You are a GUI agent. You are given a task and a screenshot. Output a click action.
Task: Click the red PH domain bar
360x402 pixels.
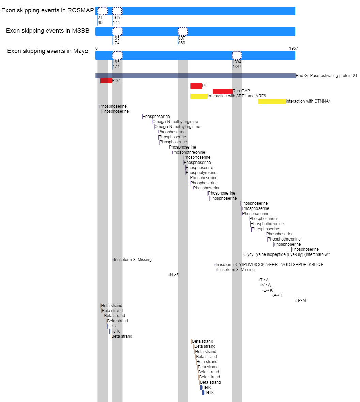196,86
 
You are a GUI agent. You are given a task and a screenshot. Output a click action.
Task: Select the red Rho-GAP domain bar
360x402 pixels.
222,91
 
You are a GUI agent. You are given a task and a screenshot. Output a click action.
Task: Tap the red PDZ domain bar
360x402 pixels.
106,81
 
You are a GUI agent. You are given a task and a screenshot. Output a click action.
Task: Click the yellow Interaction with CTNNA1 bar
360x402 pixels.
272,101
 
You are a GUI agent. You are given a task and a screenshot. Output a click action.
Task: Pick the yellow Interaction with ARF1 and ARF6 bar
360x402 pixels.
199,96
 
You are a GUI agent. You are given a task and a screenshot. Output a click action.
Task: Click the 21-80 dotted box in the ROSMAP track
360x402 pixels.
103,11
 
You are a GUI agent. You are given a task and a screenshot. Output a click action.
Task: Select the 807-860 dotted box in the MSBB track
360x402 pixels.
183,32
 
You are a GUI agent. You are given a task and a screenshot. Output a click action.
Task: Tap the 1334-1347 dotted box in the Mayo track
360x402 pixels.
237,56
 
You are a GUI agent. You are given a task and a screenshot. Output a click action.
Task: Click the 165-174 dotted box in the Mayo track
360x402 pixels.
118,56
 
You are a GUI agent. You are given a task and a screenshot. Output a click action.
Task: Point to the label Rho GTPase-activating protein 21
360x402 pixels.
326,76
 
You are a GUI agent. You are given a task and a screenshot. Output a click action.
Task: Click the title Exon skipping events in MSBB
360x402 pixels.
48,31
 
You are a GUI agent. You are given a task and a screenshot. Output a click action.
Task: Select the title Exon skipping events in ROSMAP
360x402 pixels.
48,10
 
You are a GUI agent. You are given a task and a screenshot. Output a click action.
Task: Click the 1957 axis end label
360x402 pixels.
294,48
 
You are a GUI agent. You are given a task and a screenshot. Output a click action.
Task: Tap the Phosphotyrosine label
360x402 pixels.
201,173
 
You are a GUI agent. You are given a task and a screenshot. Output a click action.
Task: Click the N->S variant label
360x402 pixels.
175,275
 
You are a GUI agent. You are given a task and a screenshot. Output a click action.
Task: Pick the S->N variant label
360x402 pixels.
301,300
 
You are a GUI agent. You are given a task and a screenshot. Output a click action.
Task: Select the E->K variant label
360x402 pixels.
268,290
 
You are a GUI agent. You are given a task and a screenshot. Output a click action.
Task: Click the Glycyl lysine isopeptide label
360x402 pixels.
286,254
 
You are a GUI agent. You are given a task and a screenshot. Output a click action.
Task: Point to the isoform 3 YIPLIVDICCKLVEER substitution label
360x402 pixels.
269,265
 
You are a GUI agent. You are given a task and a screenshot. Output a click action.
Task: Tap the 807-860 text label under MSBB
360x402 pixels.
182,41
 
